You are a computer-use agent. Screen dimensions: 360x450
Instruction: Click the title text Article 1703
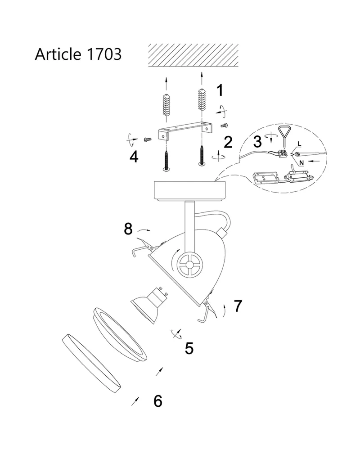coord(78,54)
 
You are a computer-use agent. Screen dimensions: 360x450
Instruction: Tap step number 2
coord(228,142)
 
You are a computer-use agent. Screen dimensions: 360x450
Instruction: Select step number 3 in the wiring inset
coord(257,141)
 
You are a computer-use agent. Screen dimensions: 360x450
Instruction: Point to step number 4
coord(134,157)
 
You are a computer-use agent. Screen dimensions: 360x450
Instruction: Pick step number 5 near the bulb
coord(189,348)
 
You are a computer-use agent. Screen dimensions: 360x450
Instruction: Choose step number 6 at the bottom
coord(158,401)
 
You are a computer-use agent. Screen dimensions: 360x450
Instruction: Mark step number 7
coord(238,306)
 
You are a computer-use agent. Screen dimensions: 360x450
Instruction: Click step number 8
coord(128,229)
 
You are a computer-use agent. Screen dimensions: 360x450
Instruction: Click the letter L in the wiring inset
coord(299,144)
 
